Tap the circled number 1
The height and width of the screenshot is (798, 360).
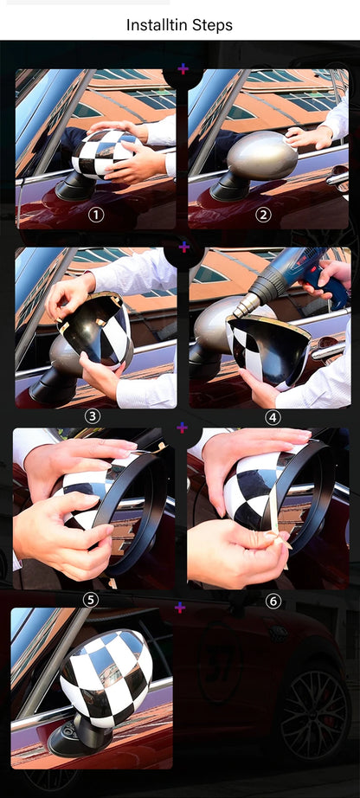96,215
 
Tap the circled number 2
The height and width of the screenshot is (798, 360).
263,215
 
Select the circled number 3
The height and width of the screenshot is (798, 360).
93,416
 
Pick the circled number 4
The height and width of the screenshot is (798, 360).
273,416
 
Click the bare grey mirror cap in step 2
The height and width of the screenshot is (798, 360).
260,157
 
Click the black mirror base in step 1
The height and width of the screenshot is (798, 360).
76,186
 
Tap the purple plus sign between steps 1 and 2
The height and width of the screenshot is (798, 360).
183,68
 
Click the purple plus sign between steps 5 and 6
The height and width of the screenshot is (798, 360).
182,428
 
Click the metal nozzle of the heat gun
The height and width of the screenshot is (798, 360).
246,304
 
